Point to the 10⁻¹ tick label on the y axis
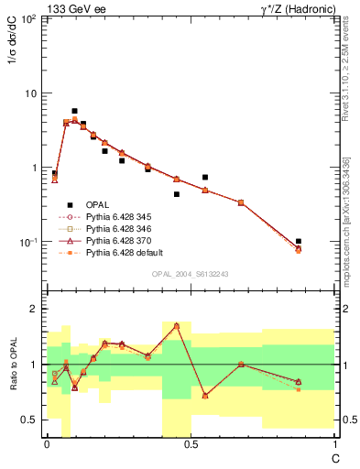pos(29,243)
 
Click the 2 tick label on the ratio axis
pos(35,309)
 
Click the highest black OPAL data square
pos(74,111)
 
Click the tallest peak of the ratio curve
pos(176,325)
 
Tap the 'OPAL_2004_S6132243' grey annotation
pos(191,274)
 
